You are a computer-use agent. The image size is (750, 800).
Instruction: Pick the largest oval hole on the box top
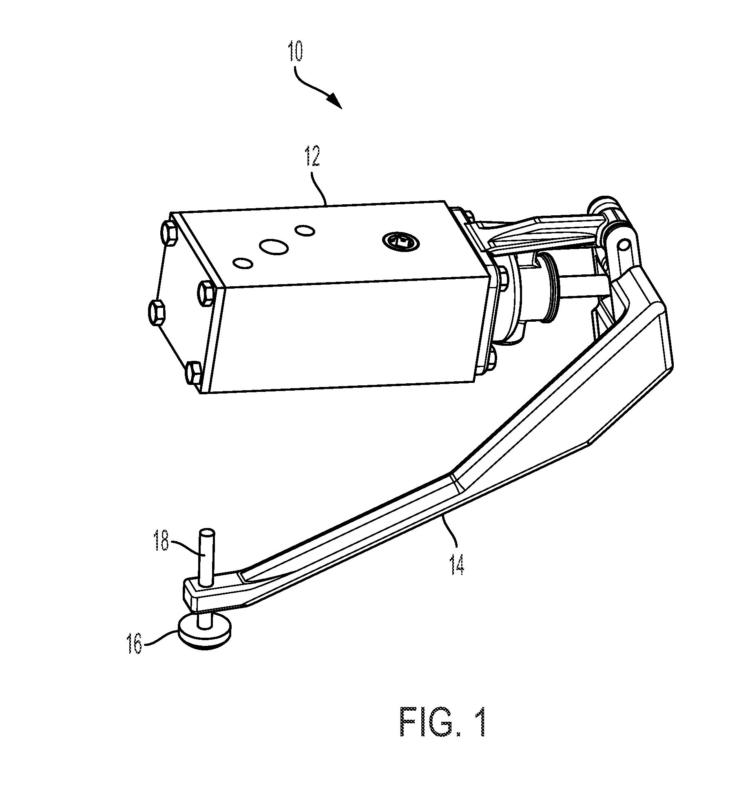pos(274,246)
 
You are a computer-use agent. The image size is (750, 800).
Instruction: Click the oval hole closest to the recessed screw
pos(305,230)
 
